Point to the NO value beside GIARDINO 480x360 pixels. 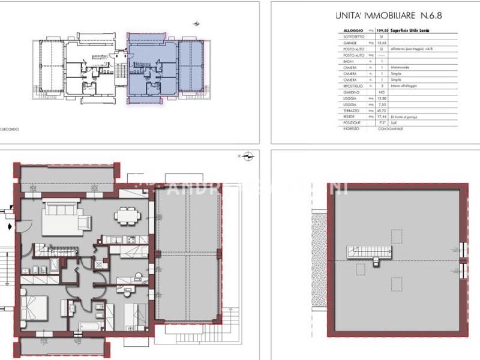(x=382, y=92)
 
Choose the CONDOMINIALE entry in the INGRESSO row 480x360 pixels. (x=392, y=130)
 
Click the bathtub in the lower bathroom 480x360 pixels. (x=89, y=326)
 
